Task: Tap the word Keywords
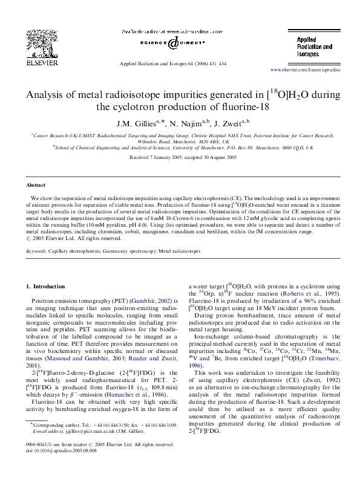[36, 250]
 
